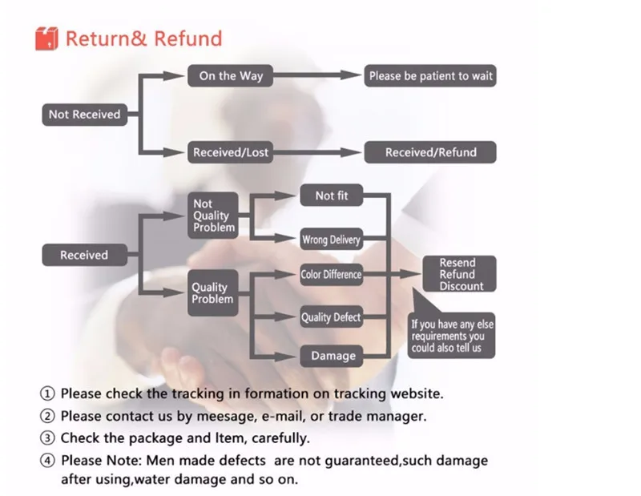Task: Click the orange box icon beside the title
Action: (47, 38)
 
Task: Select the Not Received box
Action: (84, 115)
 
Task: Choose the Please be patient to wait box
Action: (430, 76)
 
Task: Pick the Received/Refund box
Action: (430, 152)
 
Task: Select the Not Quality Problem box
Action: (214, 216)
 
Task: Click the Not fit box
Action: (331, 196)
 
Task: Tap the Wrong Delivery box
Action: (331, 240)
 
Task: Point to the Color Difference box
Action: (331, 275)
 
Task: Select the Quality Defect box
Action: (331, 317)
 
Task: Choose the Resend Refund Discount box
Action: (459, 274)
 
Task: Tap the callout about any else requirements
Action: (452, 336)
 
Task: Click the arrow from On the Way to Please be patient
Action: (316, 76)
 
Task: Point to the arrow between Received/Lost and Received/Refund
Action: (316, 152)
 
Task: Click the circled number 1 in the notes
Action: (49, 394)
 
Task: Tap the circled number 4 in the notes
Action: (49, 462)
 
